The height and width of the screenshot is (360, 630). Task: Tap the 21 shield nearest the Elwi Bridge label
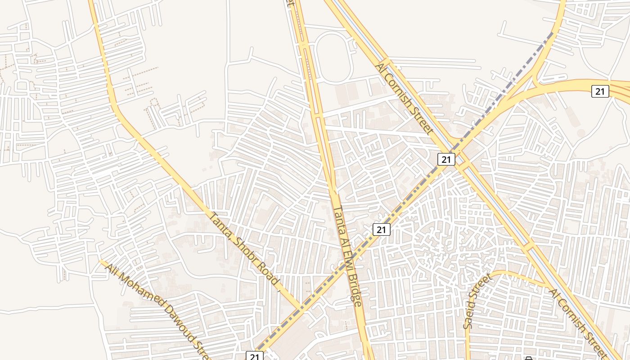381,229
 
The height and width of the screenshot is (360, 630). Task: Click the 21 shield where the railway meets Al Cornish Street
446,159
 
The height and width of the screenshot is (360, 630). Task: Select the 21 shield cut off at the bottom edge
254,356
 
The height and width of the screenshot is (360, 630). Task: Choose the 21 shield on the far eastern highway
600,91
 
